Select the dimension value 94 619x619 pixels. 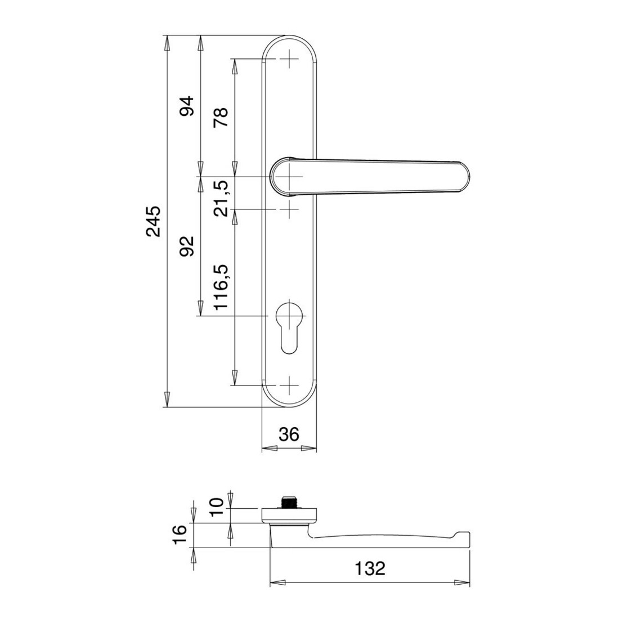(187, 106)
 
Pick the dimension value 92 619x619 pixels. (187, 246)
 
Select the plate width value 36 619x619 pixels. (289, 434)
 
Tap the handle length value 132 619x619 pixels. (370, 568)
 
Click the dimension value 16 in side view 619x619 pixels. (180, 535)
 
